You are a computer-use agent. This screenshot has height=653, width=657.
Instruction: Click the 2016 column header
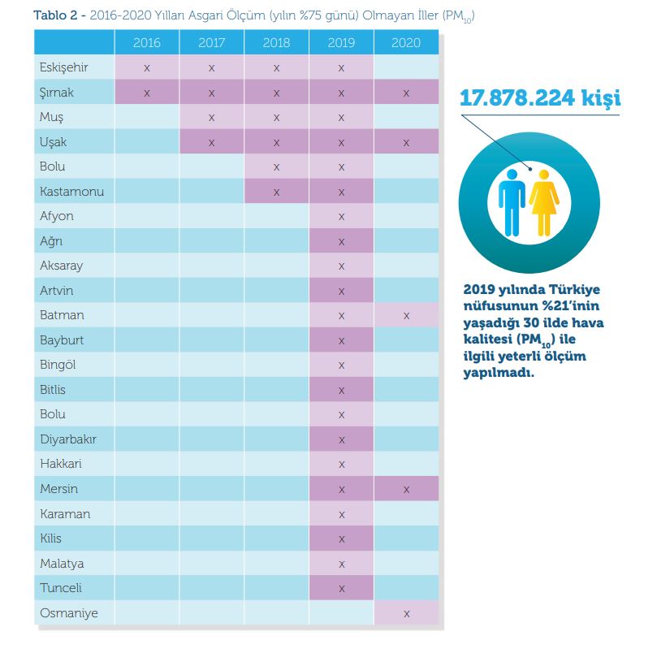[146, 43]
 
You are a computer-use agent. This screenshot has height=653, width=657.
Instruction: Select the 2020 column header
[406, 43]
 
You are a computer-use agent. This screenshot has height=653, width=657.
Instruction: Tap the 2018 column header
[276, 43]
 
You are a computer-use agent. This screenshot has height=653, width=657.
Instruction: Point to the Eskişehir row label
[64, 67]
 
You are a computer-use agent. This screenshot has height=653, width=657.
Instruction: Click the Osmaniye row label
[69, 613]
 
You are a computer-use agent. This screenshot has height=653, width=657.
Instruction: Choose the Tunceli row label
[61, 588]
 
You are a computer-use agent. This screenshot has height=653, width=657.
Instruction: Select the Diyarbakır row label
[67, 439]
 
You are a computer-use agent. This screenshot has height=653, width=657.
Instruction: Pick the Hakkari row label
[61, 465]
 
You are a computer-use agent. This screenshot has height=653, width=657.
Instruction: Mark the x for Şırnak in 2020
[406, 93]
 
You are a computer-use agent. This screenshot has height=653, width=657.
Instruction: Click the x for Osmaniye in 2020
[406, 613]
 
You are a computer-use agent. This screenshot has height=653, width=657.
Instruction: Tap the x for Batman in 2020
[406, 315]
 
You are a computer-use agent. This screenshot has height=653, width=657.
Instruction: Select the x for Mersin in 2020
[406, 489]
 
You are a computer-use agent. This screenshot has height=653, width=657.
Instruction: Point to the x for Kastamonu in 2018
[276, 192]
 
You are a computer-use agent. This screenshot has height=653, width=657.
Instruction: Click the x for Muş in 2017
[211, 117]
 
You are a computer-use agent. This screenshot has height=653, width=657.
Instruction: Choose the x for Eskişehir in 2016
[146, 67]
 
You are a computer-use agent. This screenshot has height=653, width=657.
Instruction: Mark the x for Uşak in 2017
[211, 142]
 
